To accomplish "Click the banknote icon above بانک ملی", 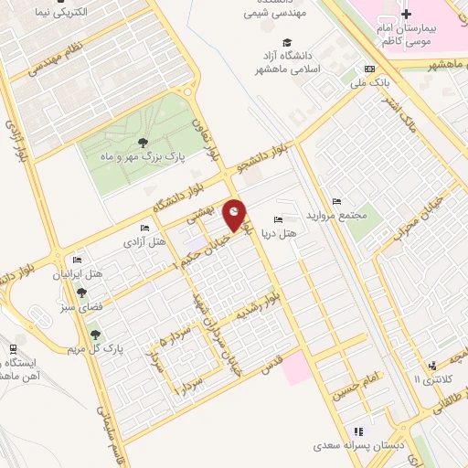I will click(x=369, y=69).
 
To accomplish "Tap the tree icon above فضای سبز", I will click(x=82, y=292).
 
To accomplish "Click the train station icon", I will click(x=13, y=349).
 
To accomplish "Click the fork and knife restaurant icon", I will click(x=358, y=431).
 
